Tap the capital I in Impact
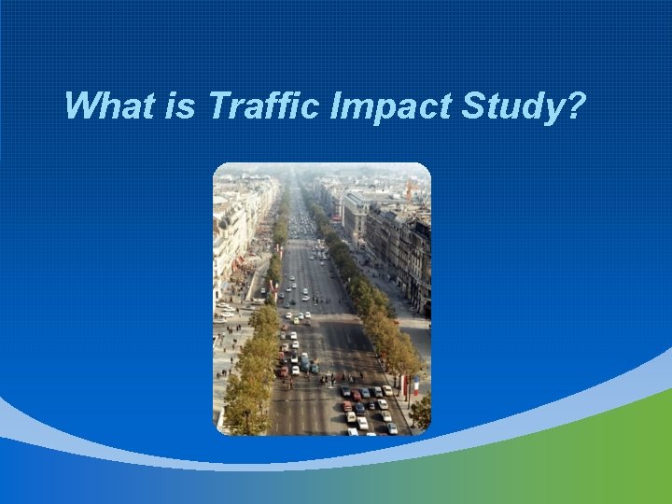point(336,105)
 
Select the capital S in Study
point(471,105)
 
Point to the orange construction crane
point(409,190)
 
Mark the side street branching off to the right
point(411,322)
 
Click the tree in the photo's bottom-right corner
point(421,411)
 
